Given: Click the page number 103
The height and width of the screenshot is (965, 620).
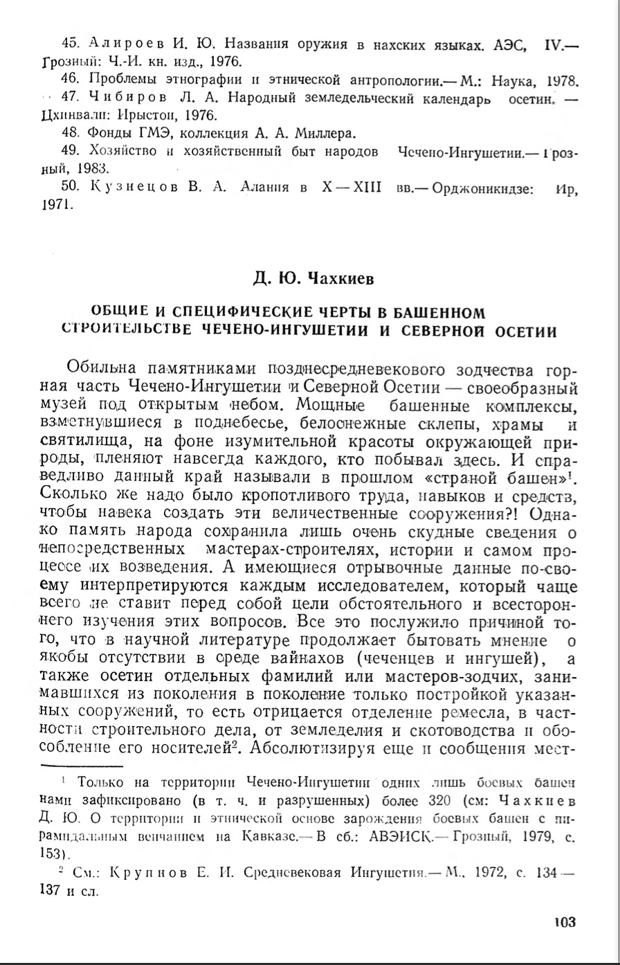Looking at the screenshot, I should [565, 921].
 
